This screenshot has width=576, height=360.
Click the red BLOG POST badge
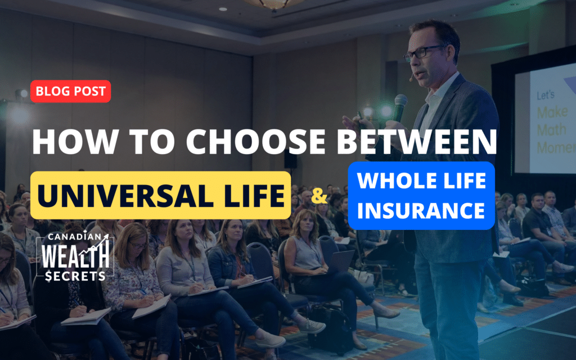70,91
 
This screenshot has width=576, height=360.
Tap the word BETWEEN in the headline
417,141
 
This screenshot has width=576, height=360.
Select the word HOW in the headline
75,141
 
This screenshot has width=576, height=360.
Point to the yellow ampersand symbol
319,196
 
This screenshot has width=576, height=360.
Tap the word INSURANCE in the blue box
421,210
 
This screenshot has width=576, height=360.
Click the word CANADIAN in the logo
75,237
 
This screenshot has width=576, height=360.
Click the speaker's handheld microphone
400,107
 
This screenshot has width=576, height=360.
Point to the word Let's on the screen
546,95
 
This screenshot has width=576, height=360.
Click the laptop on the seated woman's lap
340,262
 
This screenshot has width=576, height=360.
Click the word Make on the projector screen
552,112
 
